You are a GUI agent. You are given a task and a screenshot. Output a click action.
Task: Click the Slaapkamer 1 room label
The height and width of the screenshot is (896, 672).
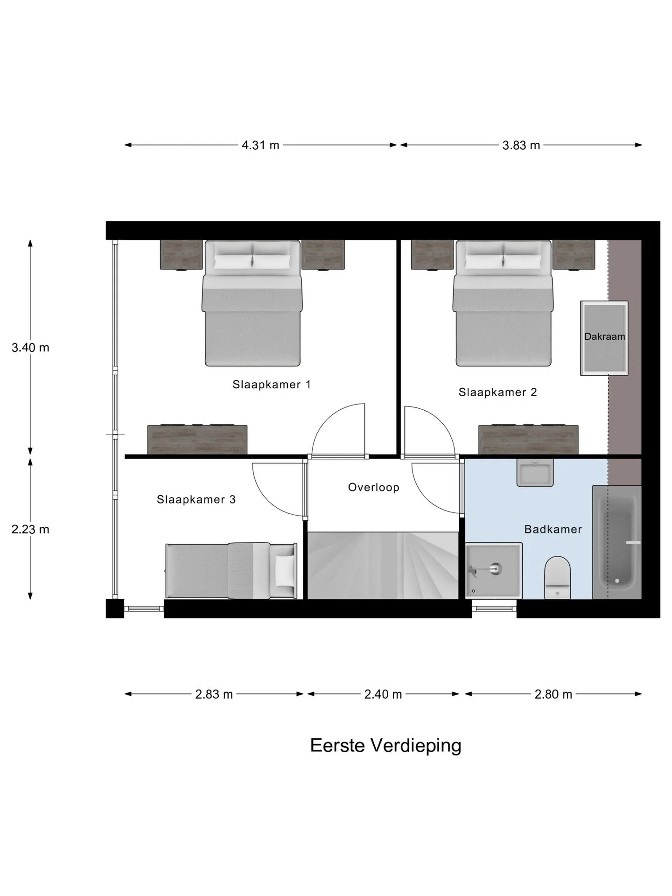coord(272,385)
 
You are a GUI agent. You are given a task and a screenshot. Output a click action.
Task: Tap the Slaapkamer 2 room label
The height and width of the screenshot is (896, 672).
coord(497,392)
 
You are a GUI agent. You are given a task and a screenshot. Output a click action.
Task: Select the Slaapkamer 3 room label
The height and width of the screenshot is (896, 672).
coord(196,500)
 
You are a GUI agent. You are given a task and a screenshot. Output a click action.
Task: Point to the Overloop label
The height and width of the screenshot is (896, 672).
coord(374,488)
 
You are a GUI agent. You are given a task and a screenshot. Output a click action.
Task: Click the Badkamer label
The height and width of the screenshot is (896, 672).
coord(553,529)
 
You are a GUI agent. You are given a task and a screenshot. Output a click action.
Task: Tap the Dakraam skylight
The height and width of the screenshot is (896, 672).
coord(604,338)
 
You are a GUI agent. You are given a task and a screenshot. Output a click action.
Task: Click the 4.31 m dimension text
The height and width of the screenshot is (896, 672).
coord(260,145)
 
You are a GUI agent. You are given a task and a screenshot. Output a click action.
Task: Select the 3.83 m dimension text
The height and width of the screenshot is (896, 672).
coord(521,145)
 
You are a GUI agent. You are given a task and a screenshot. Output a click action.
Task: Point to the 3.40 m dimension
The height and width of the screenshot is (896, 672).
coord(30,348)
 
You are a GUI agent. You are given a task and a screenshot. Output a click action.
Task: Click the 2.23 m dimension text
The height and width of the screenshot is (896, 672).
coord(30,529)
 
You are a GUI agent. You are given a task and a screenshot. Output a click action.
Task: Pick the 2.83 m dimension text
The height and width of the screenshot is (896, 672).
coord(214,694)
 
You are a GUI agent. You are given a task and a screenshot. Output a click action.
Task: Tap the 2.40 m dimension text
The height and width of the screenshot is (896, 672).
coord(383,694)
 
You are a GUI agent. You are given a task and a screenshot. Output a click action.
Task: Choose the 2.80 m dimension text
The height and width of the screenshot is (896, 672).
coord(553,694)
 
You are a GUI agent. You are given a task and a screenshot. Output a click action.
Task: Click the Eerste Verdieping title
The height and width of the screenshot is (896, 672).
coord(385,745)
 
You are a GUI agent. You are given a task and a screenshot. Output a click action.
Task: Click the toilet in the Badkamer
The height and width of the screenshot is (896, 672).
coord(557,578)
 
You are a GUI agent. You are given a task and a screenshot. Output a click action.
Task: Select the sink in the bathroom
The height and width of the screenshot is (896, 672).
coord(535,472)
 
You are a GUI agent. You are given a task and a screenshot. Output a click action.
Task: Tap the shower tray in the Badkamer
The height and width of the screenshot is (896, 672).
coord(494,570)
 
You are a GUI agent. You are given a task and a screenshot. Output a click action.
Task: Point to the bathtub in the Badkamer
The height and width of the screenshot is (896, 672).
coord(617,542)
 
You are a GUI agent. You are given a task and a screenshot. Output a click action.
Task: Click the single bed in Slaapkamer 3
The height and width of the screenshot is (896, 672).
coord(231,571)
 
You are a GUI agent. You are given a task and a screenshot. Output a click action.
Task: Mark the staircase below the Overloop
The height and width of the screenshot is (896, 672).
coord(383,565)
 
